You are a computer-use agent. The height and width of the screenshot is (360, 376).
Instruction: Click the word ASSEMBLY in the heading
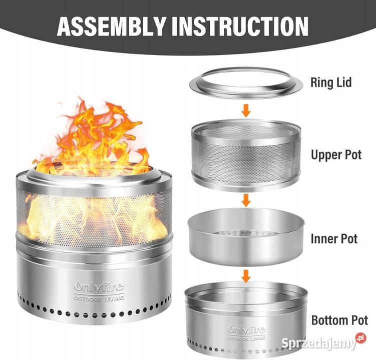coord(112,26)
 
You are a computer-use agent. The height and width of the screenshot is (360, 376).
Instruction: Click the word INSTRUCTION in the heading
coord(240,26)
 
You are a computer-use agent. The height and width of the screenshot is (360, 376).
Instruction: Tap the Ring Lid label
coord(331,82)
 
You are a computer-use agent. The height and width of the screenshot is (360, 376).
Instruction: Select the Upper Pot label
coord(336,154)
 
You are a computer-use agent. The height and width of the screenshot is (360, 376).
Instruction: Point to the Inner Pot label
coord(334,238)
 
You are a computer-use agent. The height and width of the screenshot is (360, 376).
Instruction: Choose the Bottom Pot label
coord(339,320)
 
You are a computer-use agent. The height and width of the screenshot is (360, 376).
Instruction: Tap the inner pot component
coord(246,236)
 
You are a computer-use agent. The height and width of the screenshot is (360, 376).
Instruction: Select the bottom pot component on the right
coord(246,318)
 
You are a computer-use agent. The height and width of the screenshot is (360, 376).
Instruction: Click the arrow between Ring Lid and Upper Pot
coord(246,110)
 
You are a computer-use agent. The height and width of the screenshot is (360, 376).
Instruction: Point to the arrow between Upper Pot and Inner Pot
coord(246,200)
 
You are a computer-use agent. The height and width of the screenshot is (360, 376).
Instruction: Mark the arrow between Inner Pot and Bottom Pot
coord(246,276)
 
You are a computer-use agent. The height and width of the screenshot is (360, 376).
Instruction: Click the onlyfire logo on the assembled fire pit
coord(99,290)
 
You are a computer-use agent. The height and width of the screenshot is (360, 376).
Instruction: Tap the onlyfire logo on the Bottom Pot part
coord(246,332)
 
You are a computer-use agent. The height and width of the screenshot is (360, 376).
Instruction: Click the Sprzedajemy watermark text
coord(319,343)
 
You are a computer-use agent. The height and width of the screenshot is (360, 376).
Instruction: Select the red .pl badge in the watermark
coord(361,338)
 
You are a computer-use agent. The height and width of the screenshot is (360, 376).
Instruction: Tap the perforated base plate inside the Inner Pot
coord(246,233)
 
